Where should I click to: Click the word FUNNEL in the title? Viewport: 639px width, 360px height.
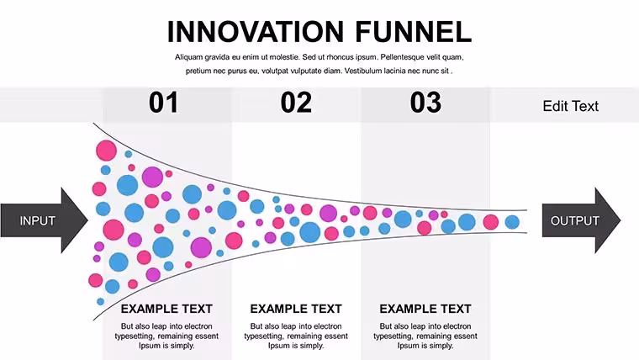[x=413, y=32]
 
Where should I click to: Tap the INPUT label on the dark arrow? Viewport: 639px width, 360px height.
[x=38, y=220]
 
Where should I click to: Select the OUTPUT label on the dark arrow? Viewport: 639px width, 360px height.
[x=574, y=220]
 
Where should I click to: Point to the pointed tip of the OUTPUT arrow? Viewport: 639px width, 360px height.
[x=621, y=220]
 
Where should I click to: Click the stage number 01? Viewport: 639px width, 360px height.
[x=163, y=103]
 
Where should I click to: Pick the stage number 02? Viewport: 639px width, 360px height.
[x=296, y=103]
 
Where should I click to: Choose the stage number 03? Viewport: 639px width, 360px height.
[x=425, y=103]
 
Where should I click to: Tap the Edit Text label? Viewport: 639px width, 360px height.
[x=571, y=106]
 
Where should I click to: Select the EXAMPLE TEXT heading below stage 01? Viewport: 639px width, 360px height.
[x=166, y=309]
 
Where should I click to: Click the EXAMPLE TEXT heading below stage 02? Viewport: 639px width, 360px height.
[x=296, y=309]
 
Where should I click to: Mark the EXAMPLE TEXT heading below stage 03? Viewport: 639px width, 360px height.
[x=425, y=309]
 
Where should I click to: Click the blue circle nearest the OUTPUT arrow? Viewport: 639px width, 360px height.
[x=512, y=222]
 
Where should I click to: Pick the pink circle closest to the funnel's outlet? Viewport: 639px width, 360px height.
[x=491, y=222]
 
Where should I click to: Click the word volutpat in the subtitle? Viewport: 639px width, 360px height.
[x=274, y=71]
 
